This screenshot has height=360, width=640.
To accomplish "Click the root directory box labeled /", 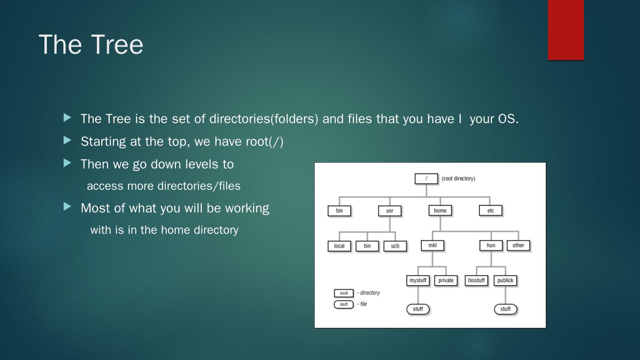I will pos(426,179).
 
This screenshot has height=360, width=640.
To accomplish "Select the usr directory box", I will pos(390,211).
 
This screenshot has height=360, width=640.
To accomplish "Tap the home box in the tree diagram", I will pos(440,211).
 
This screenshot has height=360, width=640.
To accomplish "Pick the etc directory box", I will pos(491,211).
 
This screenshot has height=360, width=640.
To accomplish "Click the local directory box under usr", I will pos(339,246).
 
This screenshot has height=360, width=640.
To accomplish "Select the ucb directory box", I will pos(395,246).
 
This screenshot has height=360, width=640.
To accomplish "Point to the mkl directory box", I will pos(432,245).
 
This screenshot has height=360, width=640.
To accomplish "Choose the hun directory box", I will pos(491,245).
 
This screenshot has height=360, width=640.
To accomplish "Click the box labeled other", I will pos(518,245).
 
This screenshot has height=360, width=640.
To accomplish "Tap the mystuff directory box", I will pos(418,280).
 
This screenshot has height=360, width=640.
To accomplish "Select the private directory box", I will pos(446,280).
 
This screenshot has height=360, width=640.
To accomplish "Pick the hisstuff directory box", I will pos(476,280).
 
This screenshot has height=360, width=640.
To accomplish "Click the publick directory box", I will pos(505,280).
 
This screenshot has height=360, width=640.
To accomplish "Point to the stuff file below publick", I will pos(506,309).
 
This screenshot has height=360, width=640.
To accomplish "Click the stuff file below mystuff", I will pos(418,309).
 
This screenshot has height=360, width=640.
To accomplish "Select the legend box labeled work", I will pos(344,293).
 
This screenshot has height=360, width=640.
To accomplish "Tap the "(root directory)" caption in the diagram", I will pos(458,179).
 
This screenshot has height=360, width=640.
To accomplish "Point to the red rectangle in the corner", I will pos(566,30).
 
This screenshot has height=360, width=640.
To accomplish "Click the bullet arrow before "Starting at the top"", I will pos(68,140).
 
